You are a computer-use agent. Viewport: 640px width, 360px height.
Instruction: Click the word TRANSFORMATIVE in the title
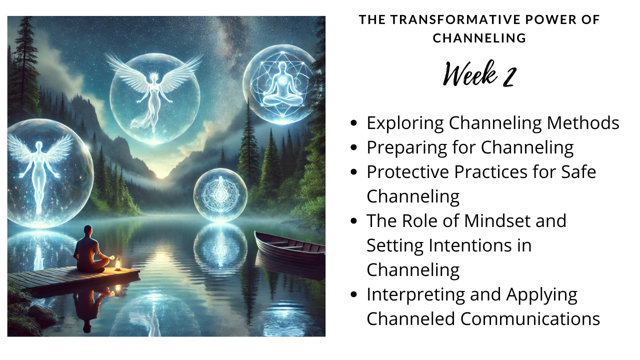[x=455, y=19]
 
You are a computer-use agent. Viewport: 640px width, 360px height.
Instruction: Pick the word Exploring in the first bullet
[x=405, y=123]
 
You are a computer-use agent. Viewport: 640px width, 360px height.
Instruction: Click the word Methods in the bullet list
[x=583, y=123]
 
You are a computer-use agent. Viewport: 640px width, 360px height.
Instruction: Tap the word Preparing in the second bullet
[x=407, y=148]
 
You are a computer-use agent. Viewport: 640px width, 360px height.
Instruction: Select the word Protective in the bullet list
[x=408, y=172]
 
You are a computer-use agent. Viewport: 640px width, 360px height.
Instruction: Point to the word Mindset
[x=497, y=221]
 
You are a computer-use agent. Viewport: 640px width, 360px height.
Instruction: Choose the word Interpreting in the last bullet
[x=415, y=295]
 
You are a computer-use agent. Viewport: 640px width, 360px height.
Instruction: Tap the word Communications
[x=530, y=319]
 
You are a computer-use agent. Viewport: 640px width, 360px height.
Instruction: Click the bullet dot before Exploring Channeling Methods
[x=353, y=123]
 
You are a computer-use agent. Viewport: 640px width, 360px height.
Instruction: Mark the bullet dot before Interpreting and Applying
[x=353, y=294]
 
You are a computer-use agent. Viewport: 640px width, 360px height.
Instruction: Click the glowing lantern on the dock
[x=117, y=263]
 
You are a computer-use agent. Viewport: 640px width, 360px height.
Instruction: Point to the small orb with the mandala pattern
[x=220, y=195]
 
